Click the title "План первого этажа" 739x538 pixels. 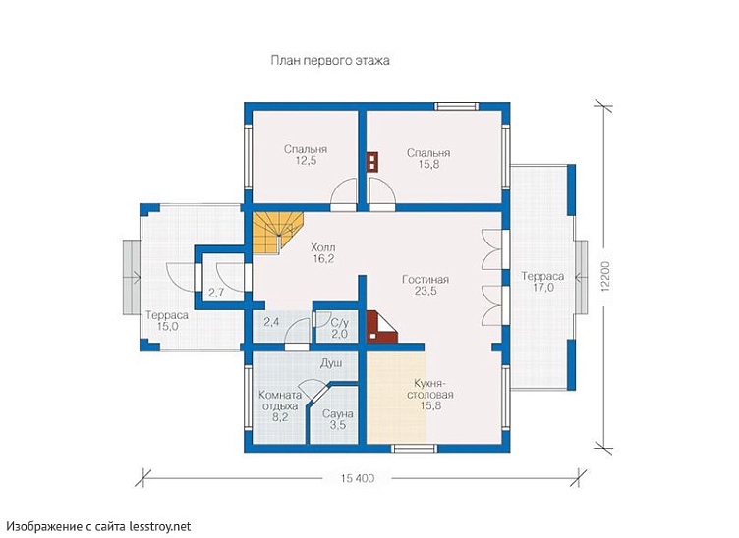[330, 61]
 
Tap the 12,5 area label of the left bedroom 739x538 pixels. [306, 161]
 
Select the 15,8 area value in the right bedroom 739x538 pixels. [428, 165]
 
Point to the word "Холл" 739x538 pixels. [323, 247]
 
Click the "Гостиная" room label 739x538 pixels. [426, 280]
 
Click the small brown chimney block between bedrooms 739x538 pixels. [372, 161]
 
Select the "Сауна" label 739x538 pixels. [338, 414]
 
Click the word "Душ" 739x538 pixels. [331, 363]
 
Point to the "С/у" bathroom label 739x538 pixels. [339, 323]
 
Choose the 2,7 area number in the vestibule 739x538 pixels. [216, 293]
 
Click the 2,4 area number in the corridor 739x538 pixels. [271, 322]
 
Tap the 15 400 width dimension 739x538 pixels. [358, 479]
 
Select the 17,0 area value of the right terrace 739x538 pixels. [542, 288]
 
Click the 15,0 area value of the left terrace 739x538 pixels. [168, 327]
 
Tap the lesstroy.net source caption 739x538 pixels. [99, 526]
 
